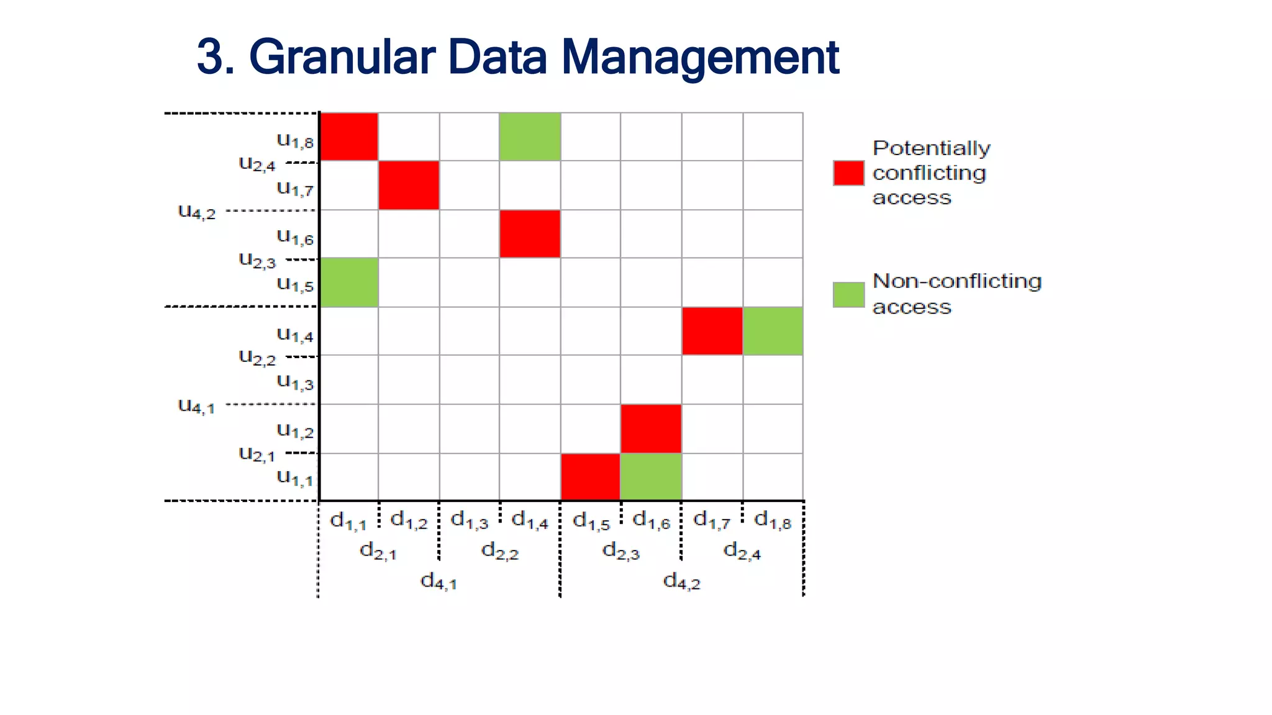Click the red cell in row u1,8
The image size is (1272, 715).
pos(349,137)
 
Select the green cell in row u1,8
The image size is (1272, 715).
pos(530,137)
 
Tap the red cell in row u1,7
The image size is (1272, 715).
pos(409,185)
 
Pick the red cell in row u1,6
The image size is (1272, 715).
pos(530,233)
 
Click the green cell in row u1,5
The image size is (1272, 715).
pos(349,282)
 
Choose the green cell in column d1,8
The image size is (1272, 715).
pos(773,331)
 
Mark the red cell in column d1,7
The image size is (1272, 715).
pos(712,331)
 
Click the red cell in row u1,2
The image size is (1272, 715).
pos(651,428)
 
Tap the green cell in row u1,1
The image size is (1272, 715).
pos(651,477)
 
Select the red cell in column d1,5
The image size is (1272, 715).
pos(590,477)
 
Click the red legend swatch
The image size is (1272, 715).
pos(848,173)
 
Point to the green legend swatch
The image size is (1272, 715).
pos(848,294)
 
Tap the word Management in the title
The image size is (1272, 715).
pos(700,57)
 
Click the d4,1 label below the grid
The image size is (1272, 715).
pos(438,581)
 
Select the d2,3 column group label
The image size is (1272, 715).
pos(620,551)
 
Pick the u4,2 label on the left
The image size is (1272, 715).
pos(197,212)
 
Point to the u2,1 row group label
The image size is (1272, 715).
pos(257,454)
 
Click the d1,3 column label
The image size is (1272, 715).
pos(469,519)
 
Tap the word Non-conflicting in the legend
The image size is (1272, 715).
pos(956,281)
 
